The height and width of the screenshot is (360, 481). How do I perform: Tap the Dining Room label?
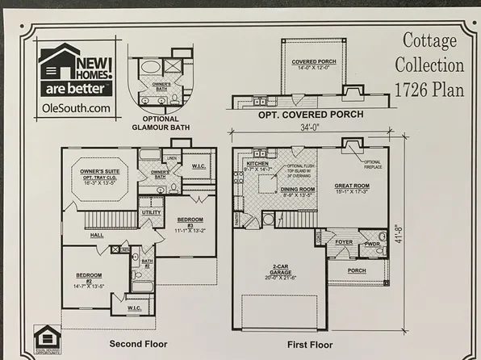pyautogui.click(x=279, y=190)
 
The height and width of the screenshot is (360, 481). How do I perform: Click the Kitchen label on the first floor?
pyautogui.click(x=257, y=163)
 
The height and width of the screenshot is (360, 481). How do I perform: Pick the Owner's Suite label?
pyautogui.click(x=101, y=172)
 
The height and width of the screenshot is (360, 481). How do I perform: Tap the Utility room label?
pyautogui.click(x=151, y=213)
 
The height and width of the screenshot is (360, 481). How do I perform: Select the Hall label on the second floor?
pyautogui.click(x=97, y=235)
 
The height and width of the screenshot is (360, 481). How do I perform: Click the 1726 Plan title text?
pyautogui.click(x=429, y=90)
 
